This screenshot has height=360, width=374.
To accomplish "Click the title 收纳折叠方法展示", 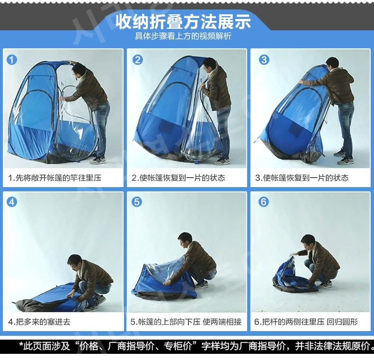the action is tap(183, 21).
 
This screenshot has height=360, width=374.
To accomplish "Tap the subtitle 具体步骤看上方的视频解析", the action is tap(183, 36).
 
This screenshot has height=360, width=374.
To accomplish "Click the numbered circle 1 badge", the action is tap(12, 60).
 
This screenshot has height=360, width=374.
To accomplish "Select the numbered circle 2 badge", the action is tap(138, 60).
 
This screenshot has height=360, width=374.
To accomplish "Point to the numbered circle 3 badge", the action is tap(264, 60).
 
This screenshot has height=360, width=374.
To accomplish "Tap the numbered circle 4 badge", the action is tap(12, 202).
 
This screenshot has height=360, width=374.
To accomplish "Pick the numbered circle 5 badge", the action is tap(137, 202).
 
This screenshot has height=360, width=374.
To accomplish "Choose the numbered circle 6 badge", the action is tap(263, 202).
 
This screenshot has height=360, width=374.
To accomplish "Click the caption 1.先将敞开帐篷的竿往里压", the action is tap(54, 178).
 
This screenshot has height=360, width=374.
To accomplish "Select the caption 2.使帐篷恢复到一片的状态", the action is tap(178, 178).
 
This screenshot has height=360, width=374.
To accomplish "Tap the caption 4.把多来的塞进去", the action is tap(39, 322).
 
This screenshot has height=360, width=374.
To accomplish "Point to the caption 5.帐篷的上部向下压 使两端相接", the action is tap(186, 322).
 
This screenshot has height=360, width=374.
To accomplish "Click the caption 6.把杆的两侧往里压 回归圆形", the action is tap(306, 322).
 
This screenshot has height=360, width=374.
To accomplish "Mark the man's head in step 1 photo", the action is tap(79, 71).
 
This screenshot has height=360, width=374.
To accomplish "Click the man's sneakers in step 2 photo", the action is tap(222, 161).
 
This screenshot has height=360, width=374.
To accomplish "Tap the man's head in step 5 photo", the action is tap(185, 240).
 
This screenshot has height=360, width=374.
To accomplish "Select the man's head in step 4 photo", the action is tap(74, 262).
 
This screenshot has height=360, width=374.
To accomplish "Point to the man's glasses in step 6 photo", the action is tap(305, 245).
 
